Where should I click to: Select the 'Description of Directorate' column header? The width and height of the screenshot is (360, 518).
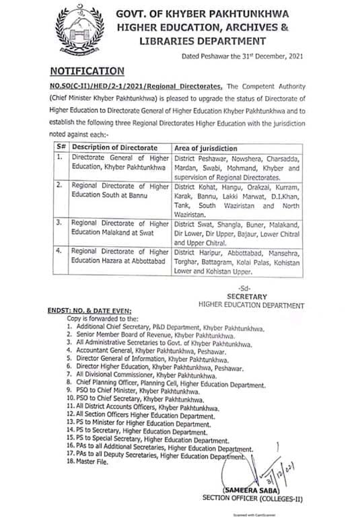tap(115, 147)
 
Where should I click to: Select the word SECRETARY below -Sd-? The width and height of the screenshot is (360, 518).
tap(247, 296)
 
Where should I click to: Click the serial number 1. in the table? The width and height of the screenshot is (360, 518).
tap(59, 157)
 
